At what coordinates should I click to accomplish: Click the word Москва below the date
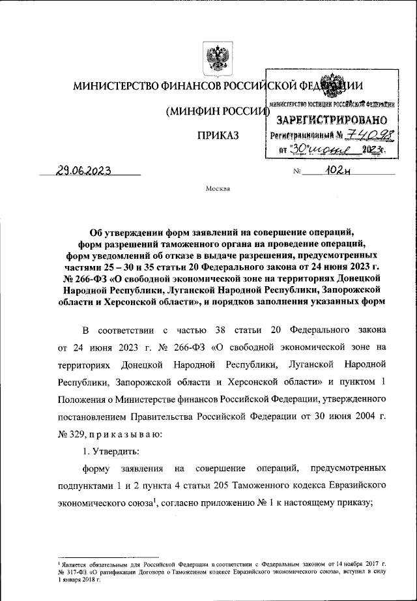(217, 190)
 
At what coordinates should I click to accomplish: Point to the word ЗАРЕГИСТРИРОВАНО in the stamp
(333, 120)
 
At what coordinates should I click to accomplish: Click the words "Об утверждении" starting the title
(124, 231)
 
